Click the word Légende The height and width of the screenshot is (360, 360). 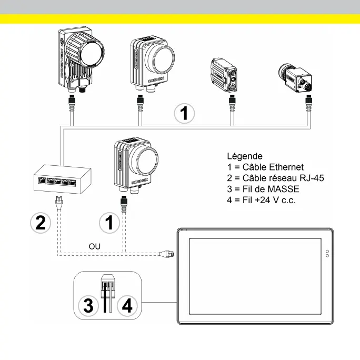pyautogui.click(x=244, y=156)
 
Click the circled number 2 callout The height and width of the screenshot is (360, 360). pyautogui.click(x=40, y=222)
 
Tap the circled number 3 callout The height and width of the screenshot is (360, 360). pyautogui.click(x=88, y=306)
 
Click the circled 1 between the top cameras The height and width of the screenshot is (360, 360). pyautogui.click(x=184, y=113)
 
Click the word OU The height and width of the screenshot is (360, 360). pyautogui.click(x=95, y=246)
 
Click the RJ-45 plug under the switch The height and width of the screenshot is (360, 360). pyautogui.click(x=59, y=201)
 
